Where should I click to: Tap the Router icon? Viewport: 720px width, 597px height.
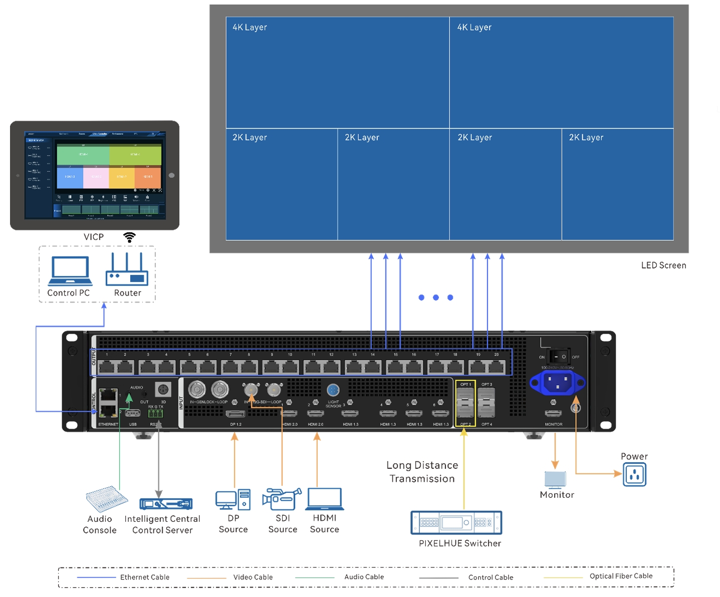pos(127,270)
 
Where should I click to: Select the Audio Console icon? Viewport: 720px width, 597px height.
pos(106,499)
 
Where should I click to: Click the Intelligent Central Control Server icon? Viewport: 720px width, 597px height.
pos(166,503)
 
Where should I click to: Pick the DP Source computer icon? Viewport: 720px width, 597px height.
pos(233,499)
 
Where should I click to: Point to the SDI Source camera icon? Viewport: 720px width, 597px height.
pos(282,499)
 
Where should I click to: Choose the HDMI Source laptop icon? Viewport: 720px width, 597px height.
pos(325,499)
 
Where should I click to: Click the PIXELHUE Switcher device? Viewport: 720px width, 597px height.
pos(456,523)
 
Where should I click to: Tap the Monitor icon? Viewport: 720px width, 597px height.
pos(556,480)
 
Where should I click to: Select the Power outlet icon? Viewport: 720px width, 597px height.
pos(634,474)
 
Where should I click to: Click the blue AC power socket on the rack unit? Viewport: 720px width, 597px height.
pos(557,383)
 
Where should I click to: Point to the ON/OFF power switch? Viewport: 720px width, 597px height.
pos(559,357)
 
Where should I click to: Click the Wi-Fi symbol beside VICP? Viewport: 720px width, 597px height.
pos(130,237)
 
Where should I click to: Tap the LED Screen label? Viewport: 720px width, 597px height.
pos(663,265)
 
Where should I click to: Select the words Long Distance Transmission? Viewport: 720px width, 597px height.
pos(422,472)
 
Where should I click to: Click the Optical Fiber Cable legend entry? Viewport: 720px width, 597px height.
pos(621,576)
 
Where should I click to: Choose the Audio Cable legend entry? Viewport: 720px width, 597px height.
pos(364,577)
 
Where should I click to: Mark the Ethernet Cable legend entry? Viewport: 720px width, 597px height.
pos(144,577)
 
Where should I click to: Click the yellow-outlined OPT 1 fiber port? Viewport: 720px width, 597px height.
pos(465,401)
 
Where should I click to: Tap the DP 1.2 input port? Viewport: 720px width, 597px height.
pos(235,414)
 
